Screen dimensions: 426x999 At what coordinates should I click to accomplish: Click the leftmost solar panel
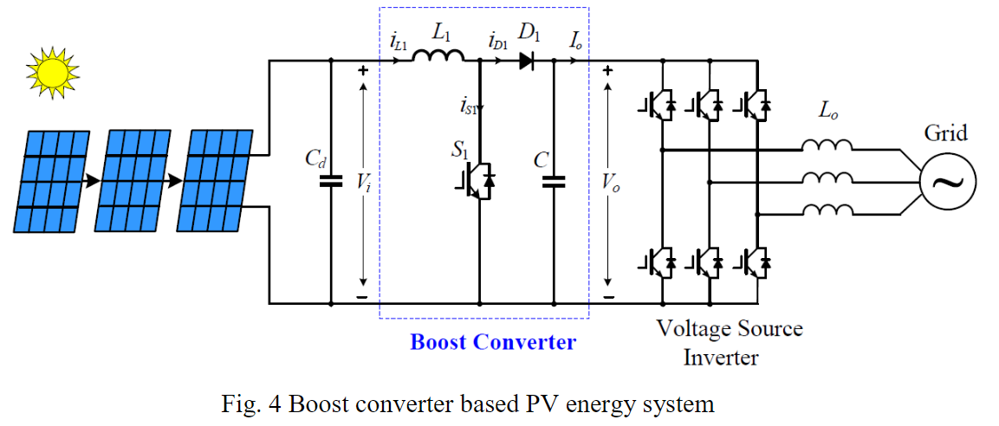[x=51, y=181]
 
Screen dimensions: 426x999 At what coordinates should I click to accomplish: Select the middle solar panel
[x=133, y=181]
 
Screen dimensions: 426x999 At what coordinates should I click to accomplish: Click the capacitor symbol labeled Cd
[x=330, y=182]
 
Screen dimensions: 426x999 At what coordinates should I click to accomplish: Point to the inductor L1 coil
[x=438, y=57]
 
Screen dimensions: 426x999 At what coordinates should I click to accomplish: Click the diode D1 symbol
[x=527, y=61]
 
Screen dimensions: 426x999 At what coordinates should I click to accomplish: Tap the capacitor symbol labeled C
[x=554, y=182]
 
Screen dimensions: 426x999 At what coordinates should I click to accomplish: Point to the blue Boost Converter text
[x=492, y=342]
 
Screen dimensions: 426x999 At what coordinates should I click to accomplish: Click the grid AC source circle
[x=947, y=182]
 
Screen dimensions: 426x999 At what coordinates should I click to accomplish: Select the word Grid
[x=945, y=133]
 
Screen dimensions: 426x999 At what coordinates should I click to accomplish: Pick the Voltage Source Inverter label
[x=729, y=342]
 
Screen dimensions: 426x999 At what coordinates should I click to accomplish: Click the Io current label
[x=576, y=38]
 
